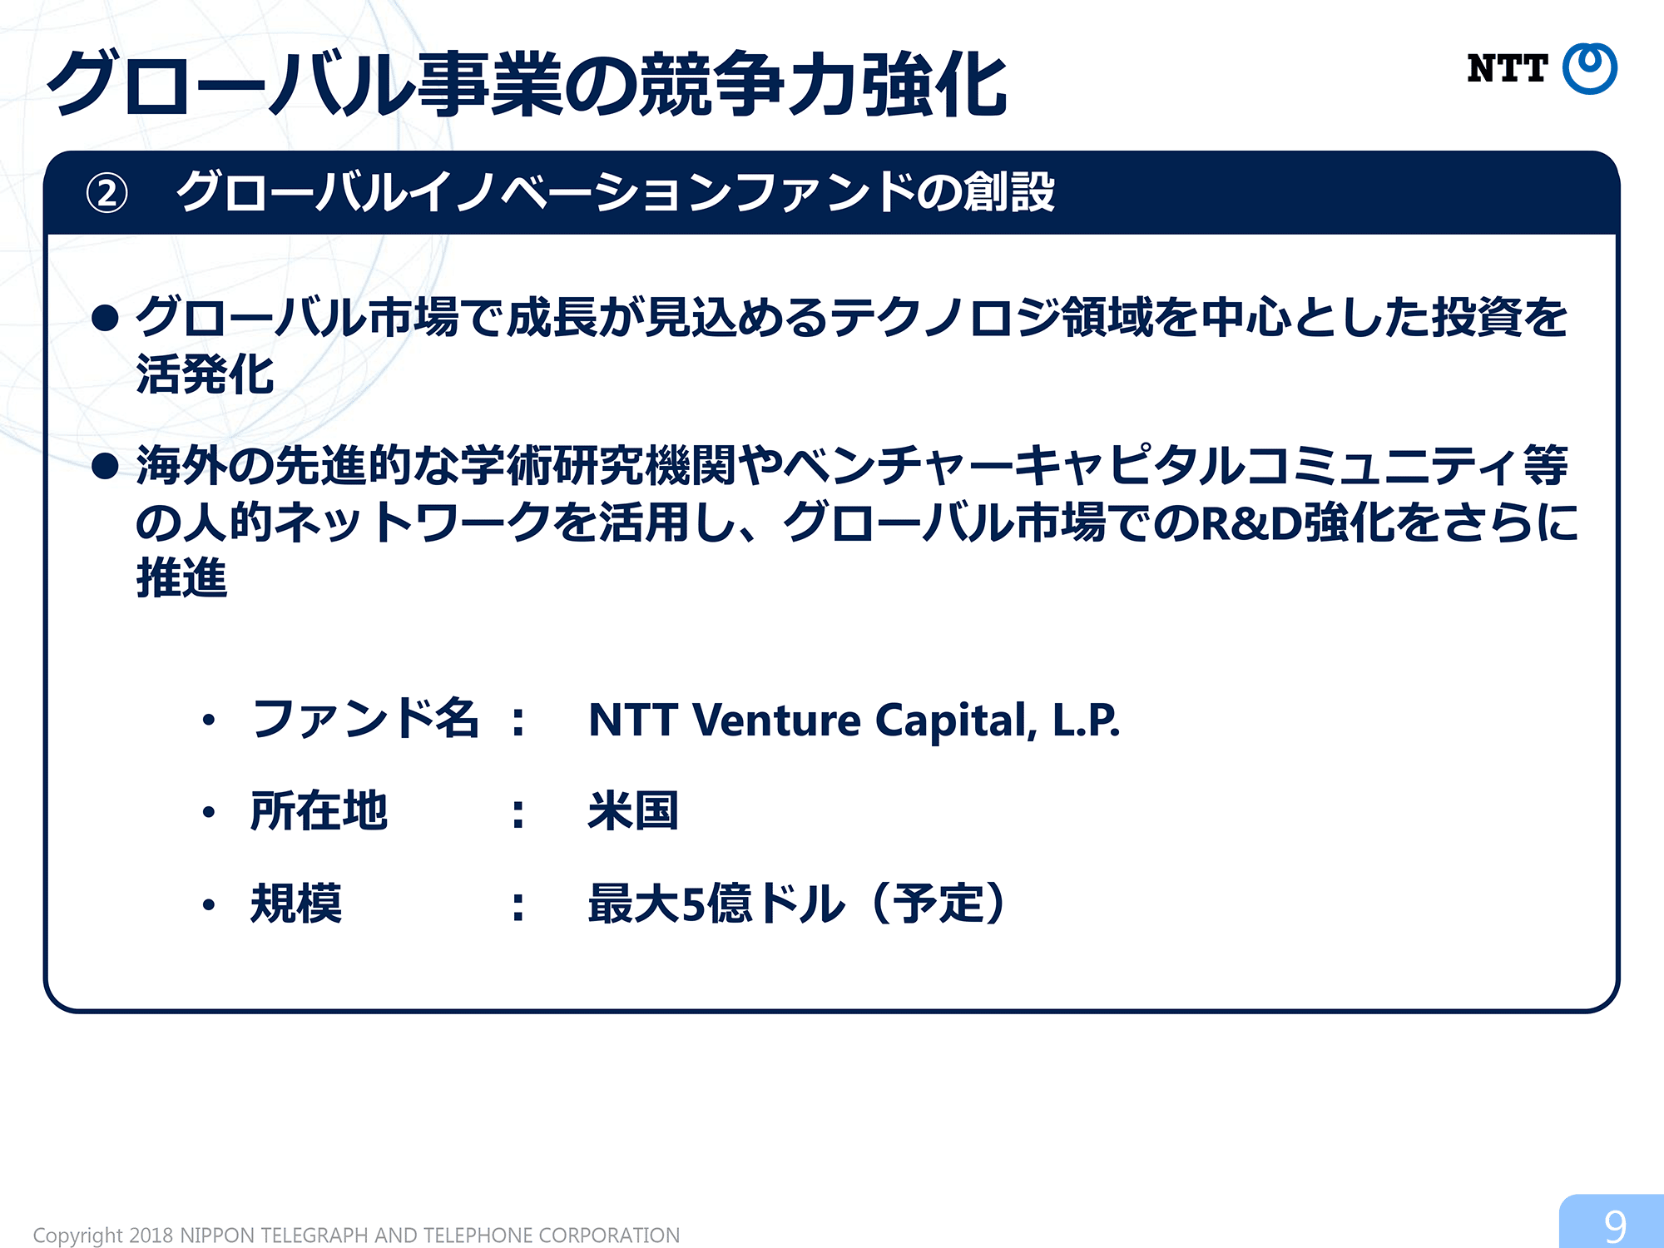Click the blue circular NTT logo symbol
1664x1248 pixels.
[x=1589, y=68]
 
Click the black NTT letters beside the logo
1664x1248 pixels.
[x=1508, y=69]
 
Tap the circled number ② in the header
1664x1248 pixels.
[x=107, y=194]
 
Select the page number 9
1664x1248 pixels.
[x=1615, y=1226]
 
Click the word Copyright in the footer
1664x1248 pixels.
[x=79, y=1236]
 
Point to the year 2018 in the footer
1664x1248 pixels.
[x=151, y=1235]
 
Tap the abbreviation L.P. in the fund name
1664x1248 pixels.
[x=1087, y=721]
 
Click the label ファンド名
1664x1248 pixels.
[x=365, y=719]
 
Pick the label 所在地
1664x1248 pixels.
[x=319, y=810]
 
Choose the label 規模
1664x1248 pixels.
[x=296, y=903]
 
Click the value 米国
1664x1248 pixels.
[x=633, y=810]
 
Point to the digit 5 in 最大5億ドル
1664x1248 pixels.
[x=694, y=904]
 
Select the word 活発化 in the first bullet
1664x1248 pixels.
[x=206, y=374]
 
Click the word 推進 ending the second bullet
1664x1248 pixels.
[x=181, y=578]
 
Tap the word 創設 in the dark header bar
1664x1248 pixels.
[x=1008, y=193]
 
